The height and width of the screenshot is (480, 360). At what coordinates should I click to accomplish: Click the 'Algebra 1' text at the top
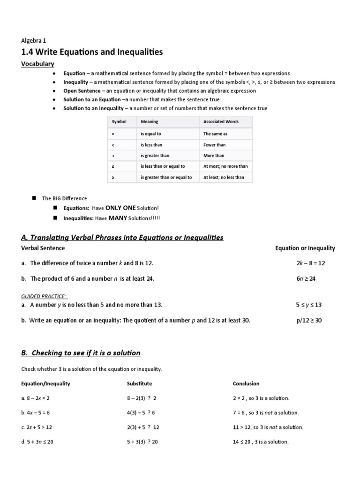34,40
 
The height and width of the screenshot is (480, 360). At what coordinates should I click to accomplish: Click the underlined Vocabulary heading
37,64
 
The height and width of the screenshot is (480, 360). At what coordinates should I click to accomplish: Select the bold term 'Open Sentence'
82,91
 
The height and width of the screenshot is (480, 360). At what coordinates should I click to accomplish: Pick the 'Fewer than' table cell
214,145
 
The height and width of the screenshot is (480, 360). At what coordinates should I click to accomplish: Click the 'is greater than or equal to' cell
166,178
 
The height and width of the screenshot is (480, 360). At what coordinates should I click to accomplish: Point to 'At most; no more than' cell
225,166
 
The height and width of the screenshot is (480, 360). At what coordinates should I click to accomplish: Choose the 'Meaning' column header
150,122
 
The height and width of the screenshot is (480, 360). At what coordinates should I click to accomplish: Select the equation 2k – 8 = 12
310,263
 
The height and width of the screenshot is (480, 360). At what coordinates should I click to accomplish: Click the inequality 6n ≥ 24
307,278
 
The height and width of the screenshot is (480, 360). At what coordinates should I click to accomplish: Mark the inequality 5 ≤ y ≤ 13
308,305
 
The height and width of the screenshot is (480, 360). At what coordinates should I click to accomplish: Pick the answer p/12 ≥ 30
309,321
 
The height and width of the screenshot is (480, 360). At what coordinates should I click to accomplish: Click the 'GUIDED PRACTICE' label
44,296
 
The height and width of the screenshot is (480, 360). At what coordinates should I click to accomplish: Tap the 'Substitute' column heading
140,383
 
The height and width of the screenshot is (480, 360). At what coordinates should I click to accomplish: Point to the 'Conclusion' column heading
246,383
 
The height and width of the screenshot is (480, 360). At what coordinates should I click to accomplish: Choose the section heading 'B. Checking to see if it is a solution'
81,353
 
